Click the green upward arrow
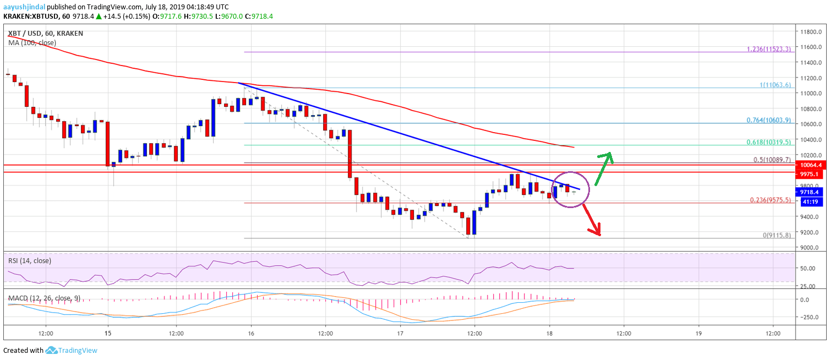603,168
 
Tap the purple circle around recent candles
570,189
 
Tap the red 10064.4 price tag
811,165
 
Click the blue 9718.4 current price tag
811,192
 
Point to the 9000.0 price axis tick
811,247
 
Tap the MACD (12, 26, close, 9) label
44,298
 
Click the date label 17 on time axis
400,334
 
